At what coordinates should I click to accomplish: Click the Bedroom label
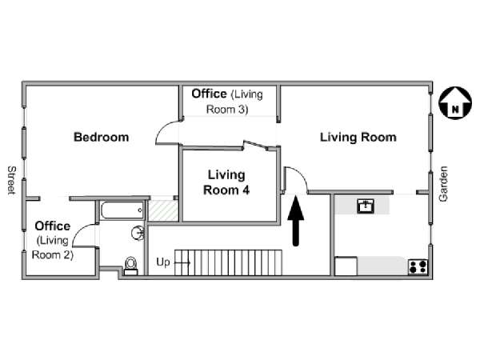[x=101, y=137]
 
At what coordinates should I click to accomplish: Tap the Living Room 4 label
[x=226, y=182]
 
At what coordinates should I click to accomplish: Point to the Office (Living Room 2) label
[x=53, y=241]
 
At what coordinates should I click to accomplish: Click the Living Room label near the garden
[x=358, y=137]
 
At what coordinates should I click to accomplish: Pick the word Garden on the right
[x=444, y=183]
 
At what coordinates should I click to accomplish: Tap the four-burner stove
[x=417, y=266]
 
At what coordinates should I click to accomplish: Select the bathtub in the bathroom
[x=122, y=210]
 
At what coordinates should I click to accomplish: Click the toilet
[x=130, y=265]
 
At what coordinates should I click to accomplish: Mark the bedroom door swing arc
[x=167, y=131]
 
